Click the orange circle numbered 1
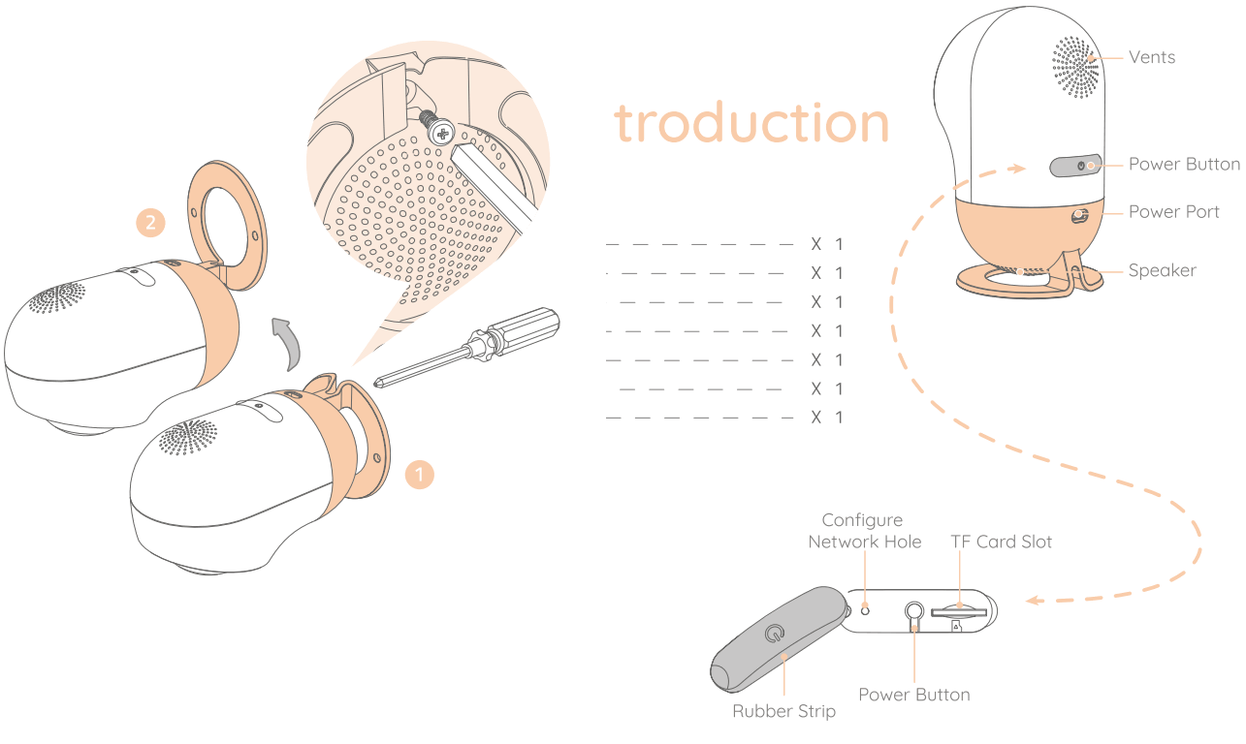tap(419, 476)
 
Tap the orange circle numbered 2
tap(149, 223)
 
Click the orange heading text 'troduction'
tap(751, 122)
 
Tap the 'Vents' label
tap(1152, 57)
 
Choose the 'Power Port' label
tap(1173, 212)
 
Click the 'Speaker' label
tap(1162, 270)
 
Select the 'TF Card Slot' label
tap(1001, 542)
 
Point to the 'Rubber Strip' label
tap(783, 712)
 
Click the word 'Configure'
tap(862, 521)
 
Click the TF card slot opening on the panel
tap(958, 612)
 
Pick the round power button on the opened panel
tap(913, 611)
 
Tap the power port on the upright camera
tap(1077, 216)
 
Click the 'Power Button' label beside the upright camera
tap(1184, 164)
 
